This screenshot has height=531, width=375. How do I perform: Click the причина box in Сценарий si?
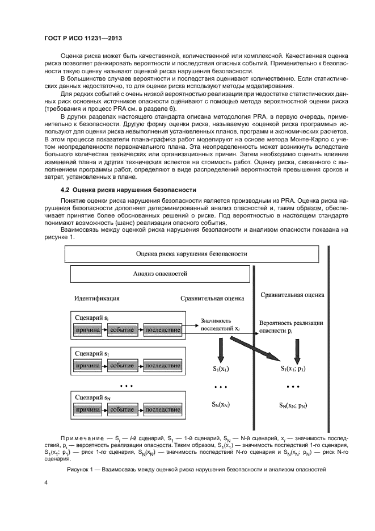(87, 329)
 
